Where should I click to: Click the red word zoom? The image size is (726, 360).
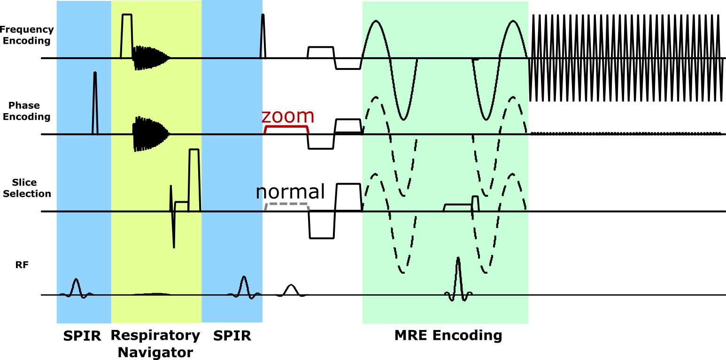(287, 116)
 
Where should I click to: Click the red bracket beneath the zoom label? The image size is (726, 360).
(286, 127)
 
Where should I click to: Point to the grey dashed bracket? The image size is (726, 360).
(286, 204)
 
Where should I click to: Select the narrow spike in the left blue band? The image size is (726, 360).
(95, 101)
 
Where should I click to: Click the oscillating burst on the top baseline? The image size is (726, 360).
(149, 58)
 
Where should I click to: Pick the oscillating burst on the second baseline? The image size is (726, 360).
(149, 134)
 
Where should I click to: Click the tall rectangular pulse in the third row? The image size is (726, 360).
(194, 178)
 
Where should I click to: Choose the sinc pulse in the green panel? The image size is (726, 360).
(458, 277)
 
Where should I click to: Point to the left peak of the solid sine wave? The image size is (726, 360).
(376, 22)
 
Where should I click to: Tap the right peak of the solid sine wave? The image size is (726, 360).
(513, 22)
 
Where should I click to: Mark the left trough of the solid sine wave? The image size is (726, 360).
(403, 119)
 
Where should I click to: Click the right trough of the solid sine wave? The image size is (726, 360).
(486, 119)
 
